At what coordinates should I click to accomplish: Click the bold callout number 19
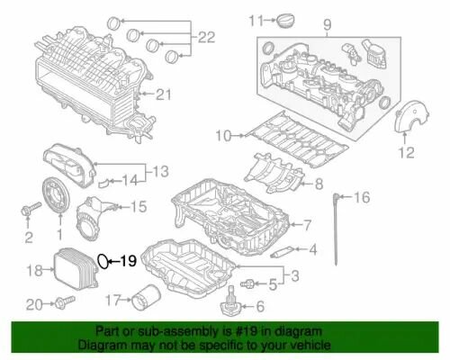point(129,261)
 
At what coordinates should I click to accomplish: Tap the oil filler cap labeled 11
point(285,21)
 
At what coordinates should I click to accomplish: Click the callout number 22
point(207,38)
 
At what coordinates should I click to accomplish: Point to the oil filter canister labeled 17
point(147,298)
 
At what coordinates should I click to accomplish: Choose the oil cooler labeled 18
point(75,267)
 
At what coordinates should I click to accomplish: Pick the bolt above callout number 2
point(31,208)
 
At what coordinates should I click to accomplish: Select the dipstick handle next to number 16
point(337,196)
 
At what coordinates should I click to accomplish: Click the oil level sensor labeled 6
point(231,301)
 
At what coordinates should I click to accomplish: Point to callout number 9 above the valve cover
point(327,24)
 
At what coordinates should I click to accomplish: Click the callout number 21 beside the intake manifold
point(163,94)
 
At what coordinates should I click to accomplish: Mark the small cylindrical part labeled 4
point(282,251)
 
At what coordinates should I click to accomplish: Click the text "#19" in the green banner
point(246,332)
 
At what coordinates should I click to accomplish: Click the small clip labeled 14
point(103,182)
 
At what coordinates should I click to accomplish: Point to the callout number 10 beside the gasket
point(224,136)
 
